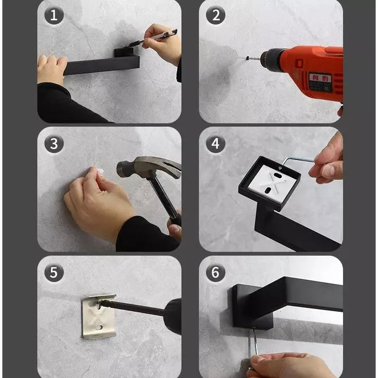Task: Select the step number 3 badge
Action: pyautogui.click(x=54, y=144)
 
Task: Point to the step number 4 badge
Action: pyautogui.click(x=215, y=144)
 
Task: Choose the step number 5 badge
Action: pyautogui.click(x=54, y=272)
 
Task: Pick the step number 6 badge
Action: pyautogui.click(x=215, y=272)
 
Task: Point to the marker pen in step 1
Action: pyautogui.click(x=159, y=36)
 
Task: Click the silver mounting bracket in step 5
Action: pyautogui.click(x=99, y=317)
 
